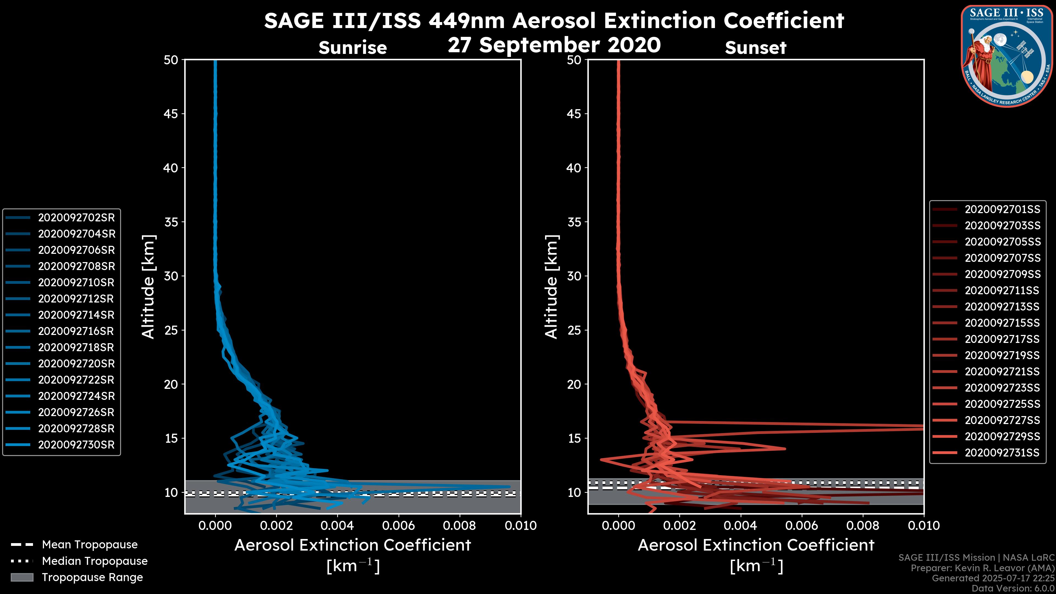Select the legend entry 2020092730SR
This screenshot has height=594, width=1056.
(76, 445)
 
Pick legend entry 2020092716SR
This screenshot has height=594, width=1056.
(76, 331)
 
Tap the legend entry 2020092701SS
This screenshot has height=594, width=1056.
(1002, 210)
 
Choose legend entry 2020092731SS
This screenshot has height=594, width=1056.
(1002, 453)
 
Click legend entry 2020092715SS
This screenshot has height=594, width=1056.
(1002, 323)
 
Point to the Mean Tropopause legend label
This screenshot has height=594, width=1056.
(90, 544)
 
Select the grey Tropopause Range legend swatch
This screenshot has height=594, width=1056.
(22, 577)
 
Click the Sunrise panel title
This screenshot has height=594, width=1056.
(353, 48)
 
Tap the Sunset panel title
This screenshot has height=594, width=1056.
(755, 48)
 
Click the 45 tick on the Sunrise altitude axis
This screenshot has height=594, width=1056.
(171, 114)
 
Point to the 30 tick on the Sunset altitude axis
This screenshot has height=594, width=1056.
(574, 276)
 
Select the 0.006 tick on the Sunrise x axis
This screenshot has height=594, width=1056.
(398, 526)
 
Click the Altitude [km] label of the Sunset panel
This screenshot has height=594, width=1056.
(552, 287)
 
